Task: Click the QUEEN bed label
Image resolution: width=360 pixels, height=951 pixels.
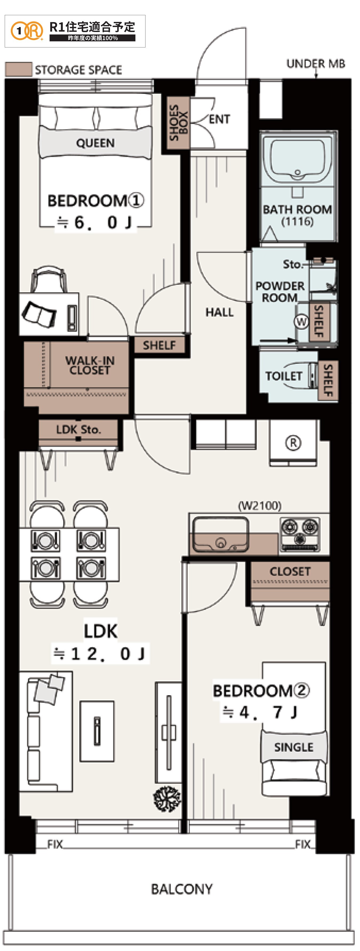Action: [x=95, y=143]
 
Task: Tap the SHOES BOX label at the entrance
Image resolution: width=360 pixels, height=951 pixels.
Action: [x=178, y=123]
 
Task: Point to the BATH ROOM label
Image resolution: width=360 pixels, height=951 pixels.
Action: [x=297, y=209]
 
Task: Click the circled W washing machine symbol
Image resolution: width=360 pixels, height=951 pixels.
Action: [x=302, y=322]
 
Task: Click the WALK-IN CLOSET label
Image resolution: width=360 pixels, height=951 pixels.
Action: [x=90, y=365]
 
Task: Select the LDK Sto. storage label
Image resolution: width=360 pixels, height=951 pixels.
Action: [x=78, y=429]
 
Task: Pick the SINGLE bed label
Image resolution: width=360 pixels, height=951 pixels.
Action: [x=294, y=747]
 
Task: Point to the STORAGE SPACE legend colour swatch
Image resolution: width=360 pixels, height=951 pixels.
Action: [x=18, y=69]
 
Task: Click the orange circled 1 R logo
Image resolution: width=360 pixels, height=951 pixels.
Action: [x=27, y=31]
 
